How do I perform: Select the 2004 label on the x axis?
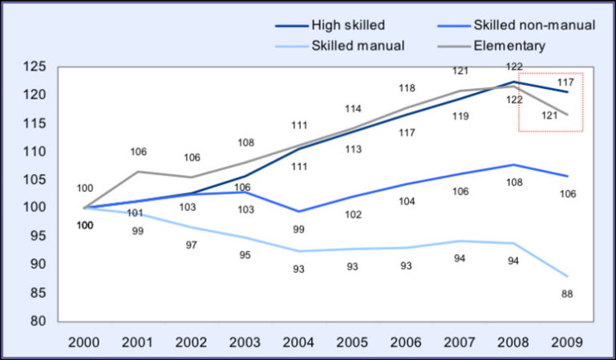pos(298,340)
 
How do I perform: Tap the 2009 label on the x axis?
pos(566,340)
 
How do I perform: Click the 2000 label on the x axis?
pos(84,340)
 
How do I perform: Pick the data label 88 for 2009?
pos(566,294)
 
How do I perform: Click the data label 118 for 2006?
pos(406,88)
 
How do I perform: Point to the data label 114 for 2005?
pos(352,109)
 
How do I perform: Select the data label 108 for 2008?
pos(513,183)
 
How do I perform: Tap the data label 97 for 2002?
pos(191,245)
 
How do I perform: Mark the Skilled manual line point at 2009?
pos(566,276)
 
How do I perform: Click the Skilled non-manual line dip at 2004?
pos(298,212)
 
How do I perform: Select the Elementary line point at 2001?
pos(138,172)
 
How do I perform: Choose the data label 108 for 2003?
pos(245,143)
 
